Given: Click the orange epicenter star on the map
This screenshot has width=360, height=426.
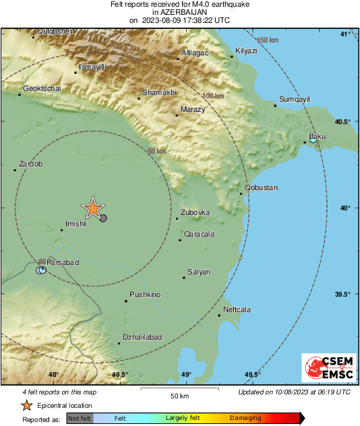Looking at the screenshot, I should click(93, 209).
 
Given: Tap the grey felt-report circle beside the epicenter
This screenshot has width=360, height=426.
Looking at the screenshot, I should click(103, 217).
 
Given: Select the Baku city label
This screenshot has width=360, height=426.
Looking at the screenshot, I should click(317, 137).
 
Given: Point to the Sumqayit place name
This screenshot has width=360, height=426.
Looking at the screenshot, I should click(295, 99).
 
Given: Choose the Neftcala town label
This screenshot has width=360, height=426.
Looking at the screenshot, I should click(237, 309).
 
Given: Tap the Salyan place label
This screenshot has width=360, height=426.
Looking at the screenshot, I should click(199, 272).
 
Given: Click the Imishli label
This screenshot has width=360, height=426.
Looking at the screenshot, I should click(76, 224).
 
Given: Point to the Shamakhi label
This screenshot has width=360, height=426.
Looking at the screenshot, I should click(159, 92).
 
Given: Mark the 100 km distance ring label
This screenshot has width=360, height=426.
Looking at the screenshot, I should click(213, 96).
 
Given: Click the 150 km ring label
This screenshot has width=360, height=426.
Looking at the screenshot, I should click(268, 40).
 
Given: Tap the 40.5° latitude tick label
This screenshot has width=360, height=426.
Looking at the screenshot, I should click(344, 121).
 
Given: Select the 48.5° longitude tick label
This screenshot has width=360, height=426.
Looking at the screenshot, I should click(119, 375).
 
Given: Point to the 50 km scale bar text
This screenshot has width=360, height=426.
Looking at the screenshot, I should click(179, 396).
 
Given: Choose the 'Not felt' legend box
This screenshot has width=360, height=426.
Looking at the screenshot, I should click(80, 418).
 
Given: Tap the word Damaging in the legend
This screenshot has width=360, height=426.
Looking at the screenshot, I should click(246, 418).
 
